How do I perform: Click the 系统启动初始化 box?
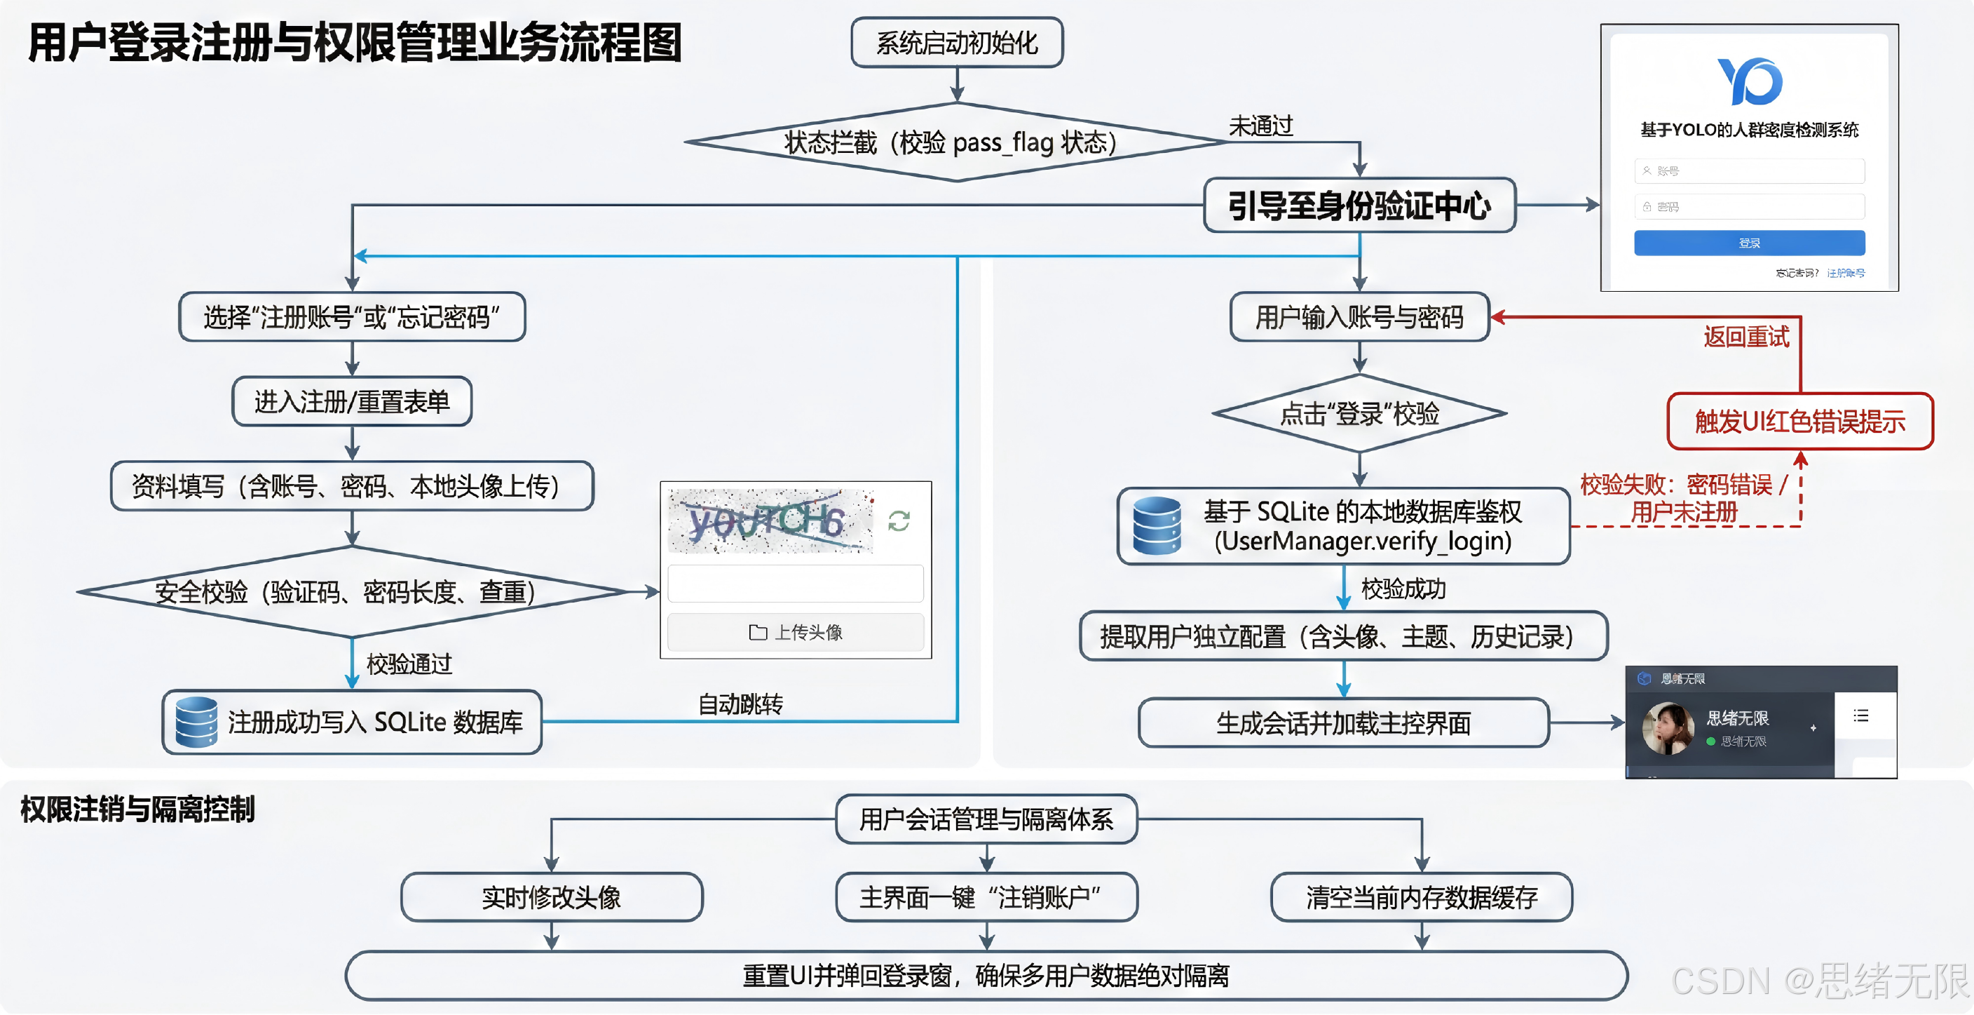point(956,43)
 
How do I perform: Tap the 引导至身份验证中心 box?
point(1359,206)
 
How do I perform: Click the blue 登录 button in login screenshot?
point(1749,243)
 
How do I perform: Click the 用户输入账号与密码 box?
point(1359,316)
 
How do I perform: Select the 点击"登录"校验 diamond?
point(1359,414)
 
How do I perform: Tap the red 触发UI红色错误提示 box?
point(1800,422)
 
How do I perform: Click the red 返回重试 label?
point(1746,337)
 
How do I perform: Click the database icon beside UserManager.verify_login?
point(1157,526)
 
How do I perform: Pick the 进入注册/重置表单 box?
point(352,401)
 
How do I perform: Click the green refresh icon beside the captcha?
point(899,521)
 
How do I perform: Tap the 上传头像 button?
point(796,633)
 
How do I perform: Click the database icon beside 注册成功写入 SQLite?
point(196,722)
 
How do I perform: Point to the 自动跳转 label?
point(740,704)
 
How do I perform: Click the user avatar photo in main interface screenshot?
point(1668,728)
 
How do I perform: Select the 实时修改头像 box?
point(551,897)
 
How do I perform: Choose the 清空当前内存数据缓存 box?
point(1422,897)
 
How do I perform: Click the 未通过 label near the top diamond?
point(1260,126)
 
